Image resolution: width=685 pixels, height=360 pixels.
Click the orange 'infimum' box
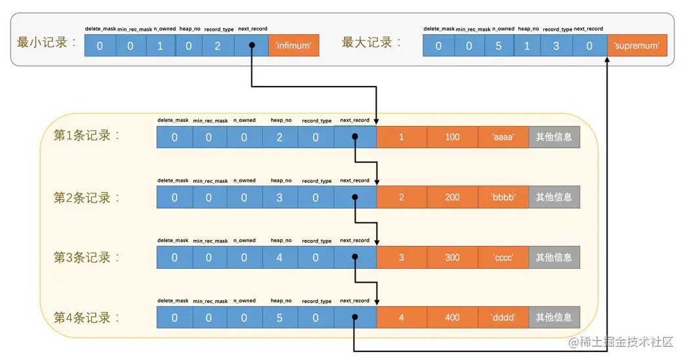tap(293, 46)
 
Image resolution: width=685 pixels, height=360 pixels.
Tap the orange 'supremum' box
tap(637, 46)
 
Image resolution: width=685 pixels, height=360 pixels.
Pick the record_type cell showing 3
tap(556, 46)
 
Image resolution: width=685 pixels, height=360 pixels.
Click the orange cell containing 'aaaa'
tap(503, 137)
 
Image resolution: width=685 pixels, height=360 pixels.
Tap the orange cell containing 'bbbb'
tap(503, 197)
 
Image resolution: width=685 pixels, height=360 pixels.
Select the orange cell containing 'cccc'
tap(503, 258)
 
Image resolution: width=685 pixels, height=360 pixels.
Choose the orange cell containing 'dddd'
tap(503, 318)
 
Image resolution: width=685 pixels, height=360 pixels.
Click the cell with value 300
tap(452, 258)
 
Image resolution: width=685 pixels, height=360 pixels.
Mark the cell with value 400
tap(452, 318)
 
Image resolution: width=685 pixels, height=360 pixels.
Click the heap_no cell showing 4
tap(280, 258)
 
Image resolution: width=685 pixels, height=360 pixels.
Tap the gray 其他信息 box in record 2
tap(554, 197)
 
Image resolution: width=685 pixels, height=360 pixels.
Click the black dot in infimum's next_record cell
tap(251, 46)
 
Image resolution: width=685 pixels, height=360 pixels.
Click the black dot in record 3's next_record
tap(354, 258)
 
